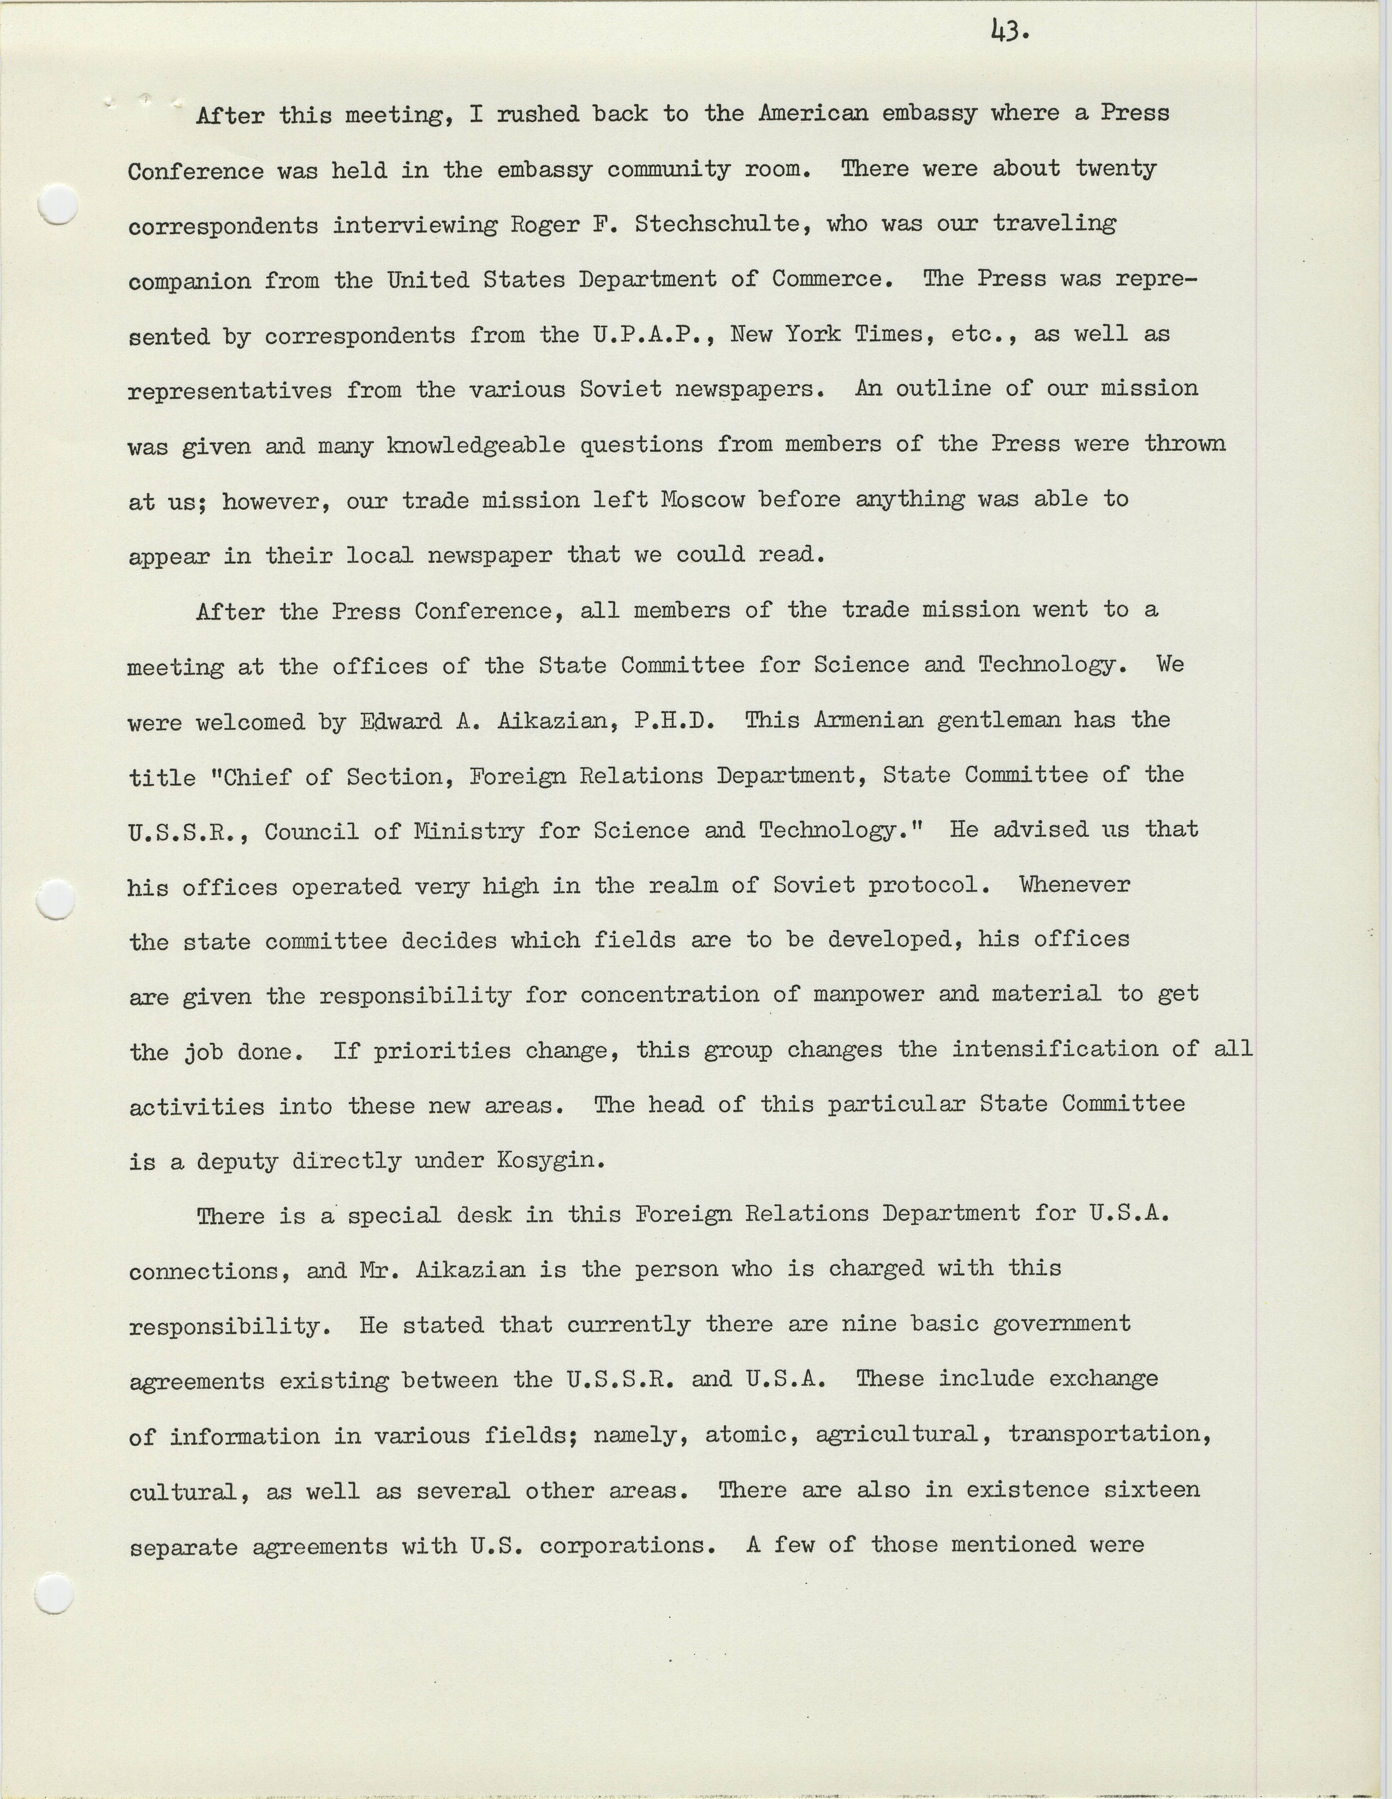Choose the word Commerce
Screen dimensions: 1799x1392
(832, 279)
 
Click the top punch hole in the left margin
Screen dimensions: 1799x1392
(58, 204)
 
